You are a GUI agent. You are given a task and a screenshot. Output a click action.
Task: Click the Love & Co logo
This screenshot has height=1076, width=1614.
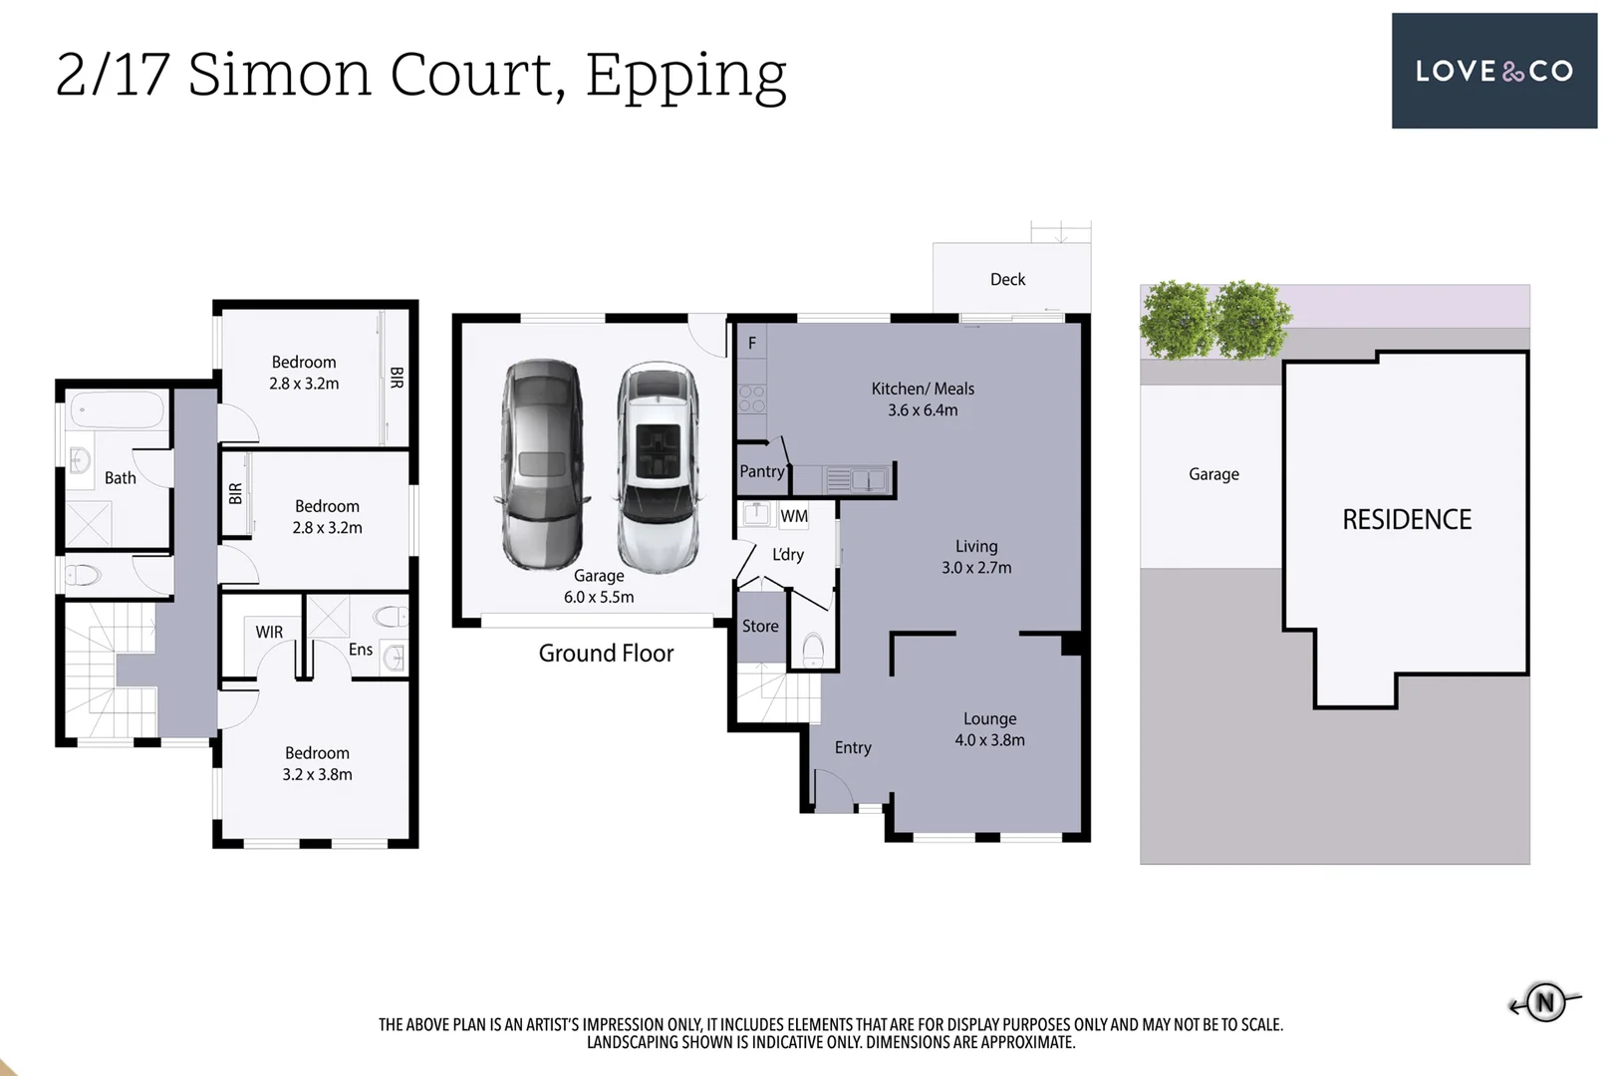point(1493,71)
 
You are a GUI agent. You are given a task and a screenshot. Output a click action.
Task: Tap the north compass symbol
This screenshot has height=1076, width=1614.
point(1545,1002)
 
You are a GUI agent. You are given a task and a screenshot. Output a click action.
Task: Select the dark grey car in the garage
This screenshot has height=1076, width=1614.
point(543,464)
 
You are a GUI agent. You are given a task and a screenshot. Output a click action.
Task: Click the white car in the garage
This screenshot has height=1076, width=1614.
point(658,467)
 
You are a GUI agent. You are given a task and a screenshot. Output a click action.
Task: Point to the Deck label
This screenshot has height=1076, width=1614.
point(1007,280)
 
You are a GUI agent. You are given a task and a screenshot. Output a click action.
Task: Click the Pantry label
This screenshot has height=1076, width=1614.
point(761,471)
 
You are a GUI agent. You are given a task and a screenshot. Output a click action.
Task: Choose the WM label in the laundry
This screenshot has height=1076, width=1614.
point(794,516)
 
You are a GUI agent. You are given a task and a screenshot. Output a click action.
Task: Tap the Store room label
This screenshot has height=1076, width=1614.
point(760,627)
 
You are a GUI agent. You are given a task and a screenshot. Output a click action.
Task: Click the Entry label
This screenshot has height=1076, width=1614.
point(853,748)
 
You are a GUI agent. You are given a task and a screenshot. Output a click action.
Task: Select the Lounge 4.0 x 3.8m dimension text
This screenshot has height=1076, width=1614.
point(989,740)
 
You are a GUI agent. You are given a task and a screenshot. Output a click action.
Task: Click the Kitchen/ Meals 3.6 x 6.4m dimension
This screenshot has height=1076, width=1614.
point(923,410)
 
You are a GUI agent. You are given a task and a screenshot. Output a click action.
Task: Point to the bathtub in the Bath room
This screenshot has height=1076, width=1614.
point(118,410)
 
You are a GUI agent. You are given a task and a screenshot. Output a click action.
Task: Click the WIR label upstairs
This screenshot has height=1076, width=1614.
point(269,632)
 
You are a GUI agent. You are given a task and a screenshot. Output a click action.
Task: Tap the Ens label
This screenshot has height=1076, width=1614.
point(361,650)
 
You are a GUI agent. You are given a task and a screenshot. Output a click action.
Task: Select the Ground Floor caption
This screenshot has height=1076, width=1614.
point(606,653)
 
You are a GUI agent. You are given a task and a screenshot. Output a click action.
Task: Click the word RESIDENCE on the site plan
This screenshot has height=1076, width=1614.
point(1407,519)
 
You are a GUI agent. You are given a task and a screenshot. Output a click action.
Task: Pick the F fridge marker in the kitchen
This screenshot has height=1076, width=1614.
point(751,343)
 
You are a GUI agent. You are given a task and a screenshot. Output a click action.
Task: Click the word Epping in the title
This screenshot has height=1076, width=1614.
point(685,78)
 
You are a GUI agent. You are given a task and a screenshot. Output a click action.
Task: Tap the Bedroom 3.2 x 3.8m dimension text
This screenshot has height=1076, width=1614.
point(317,775)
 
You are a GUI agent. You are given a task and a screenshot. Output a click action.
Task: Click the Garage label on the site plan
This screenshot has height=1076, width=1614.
point(1213,474)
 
